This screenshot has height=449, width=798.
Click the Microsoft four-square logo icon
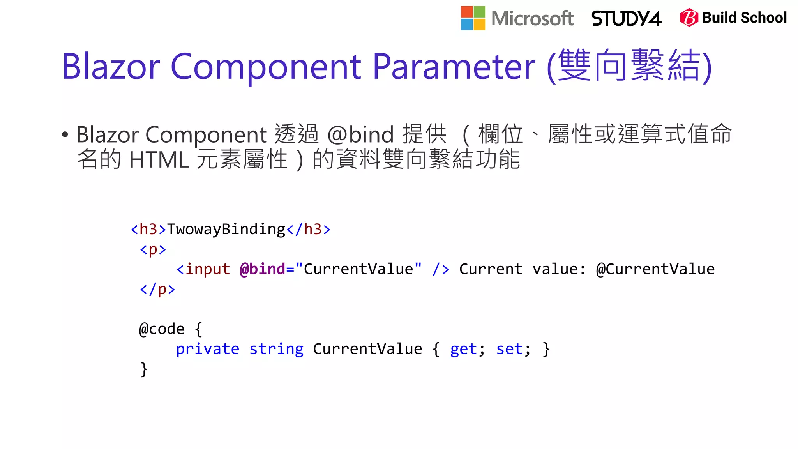[x=473, y=18]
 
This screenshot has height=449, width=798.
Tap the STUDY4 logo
[x=626, y=18]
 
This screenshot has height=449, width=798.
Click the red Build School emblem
[x=689, y=18]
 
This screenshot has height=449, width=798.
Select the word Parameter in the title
[x=454, y=67]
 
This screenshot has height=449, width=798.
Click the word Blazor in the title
[x=111, y=67]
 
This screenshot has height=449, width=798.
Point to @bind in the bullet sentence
[x=360, y=134]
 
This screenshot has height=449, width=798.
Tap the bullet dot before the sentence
[x=65, y=135]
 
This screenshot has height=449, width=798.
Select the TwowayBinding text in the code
[x=226, y=229]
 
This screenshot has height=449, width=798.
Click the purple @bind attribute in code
[x=263, y=269]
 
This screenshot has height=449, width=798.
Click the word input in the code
[x=207, y=269]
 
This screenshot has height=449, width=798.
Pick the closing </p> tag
[x=157, y=289]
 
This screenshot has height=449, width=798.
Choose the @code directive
[x=162, y=329]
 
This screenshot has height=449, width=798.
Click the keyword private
[x=207, y=349]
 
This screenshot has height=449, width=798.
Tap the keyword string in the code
[x=276, y=349]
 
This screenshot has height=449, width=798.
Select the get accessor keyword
[x=464, y=349]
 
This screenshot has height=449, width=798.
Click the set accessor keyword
[x=510, y=349]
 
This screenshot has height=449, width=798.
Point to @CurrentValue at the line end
[x=655, y=269]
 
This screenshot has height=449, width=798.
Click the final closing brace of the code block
[x=144, y=369]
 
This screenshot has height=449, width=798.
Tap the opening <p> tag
[x=153, y=249]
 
